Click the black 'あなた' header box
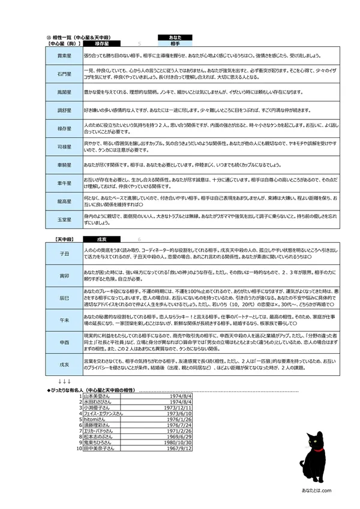click(175, 37)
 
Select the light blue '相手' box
click(175, 44)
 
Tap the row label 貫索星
click(64, 56)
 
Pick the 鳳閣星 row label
click(64, 93)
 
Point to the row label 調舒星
click(64, 111)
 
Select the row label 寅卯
click(64, 276)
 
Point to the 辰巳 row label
click(64, 297)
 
